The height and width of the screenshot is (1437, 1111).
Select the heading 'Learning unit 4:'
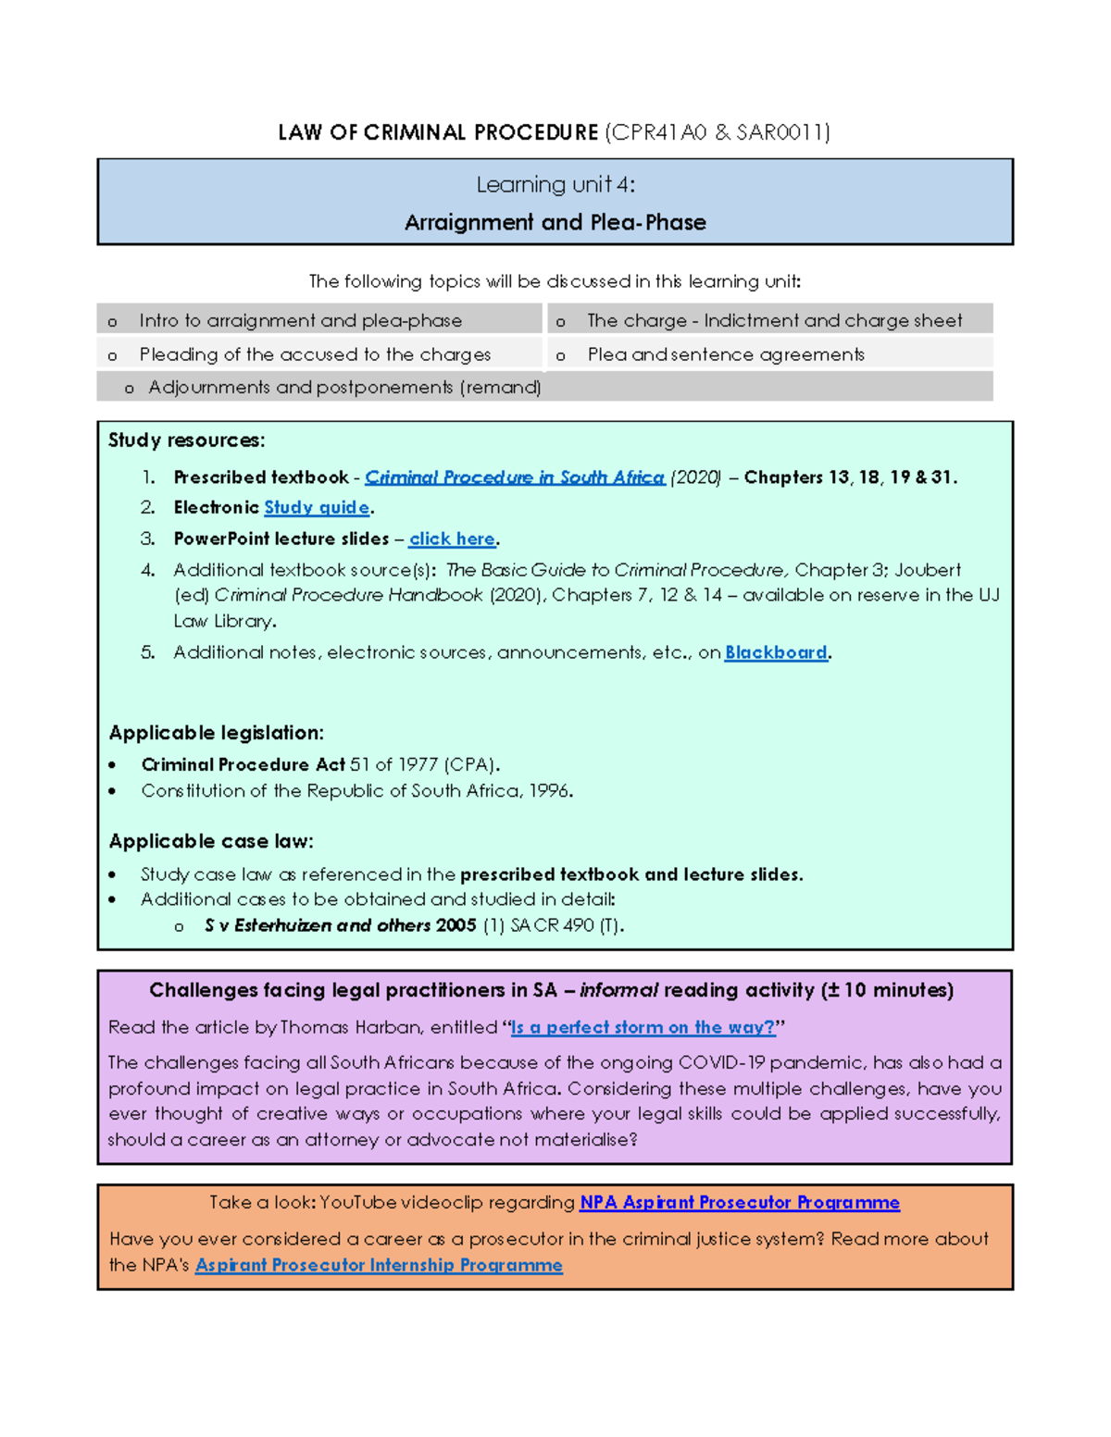click(x=555, y=185)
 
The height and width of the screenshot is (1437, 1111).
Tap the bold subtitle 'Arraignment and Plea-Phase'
click(x=555, y=223)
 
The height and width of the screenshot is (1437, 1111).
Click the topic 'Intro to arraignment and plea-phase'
click(x=300, y=321)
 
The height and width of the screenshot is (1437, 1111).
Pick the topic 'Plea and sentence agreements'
click(x=726, y=354)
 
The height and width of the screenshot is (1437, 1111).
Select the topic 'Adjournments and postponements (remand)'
click(x=344, y=388)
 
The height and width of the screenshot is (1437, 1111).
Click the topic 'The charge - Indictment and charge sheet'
click(x=774, y=321)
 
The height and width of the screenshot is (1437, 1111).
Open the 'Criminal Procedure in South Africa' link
click(x=514, y=477)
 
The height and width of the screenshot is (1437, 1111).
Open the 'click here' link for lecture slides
click(x=452, y=539)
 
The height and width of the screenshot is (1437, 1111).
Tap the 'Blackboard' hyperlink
click(x=776, y=653)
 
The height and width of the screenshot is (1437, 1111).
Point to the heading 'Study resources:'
click(x=186, y=440)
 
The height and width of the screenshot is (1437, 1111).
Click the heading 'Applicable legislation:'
click(x=216, y=733)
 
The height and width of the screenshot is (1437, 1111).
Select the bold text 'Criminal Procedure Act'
click(x=243, y=765)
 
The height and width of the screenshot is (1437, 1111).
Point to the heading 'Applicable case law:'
click(x=211, y=841)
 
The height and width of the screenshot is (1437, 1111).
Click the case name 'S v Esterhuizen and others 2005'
click(x=340, y=925)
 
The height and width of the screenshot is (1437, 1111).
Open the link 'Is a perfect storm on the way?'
click(x=643, y=1027)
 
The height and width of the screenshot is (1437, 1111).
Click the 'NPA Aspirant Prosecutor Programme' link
click(x=739, y=1203)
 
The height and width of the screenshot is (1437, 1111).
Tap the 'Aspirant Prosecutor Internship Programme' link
click(x=379, y=1266)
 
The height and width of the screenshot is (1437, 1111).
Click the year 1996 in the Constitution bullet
click(x=549, y=791)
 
